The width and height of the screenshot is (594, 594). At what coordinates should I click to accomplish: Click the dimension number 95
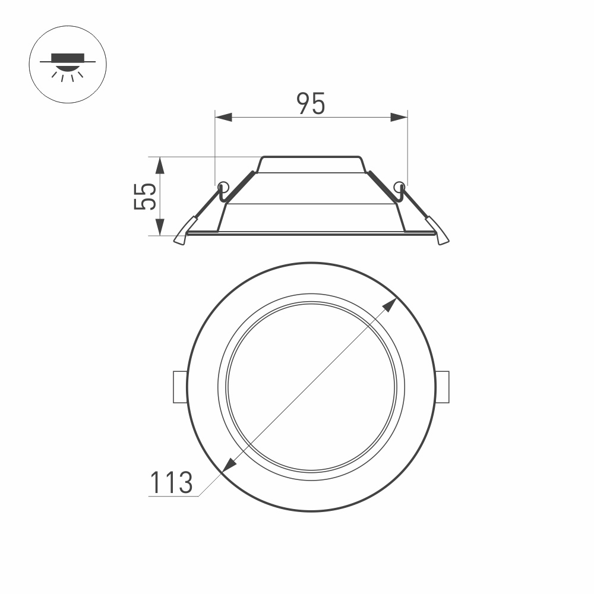(x=311, y=104)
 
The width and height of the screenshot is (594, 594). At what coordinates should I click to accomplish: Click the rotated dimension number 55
(x=145, y=196)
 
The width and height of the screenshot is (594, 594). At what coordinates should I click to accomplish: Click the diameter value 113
(x=170, y=482)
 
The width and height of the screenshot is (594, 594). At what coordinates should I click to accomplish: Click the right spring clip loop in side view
(x=400, y=187)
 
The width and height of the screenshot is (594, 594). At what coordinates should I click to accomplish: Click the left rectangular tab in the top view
(x=179, y=387)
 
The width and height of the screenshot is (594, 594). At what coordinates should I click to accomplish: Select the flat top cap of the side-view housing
(x=311, y=165)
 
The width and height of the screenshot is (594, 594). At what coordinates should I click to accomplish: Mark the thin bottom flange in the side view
(x=311, y=233)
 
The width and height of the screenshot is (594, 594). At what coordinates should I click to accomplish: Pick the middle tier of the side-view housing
(x=311, y=189)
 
